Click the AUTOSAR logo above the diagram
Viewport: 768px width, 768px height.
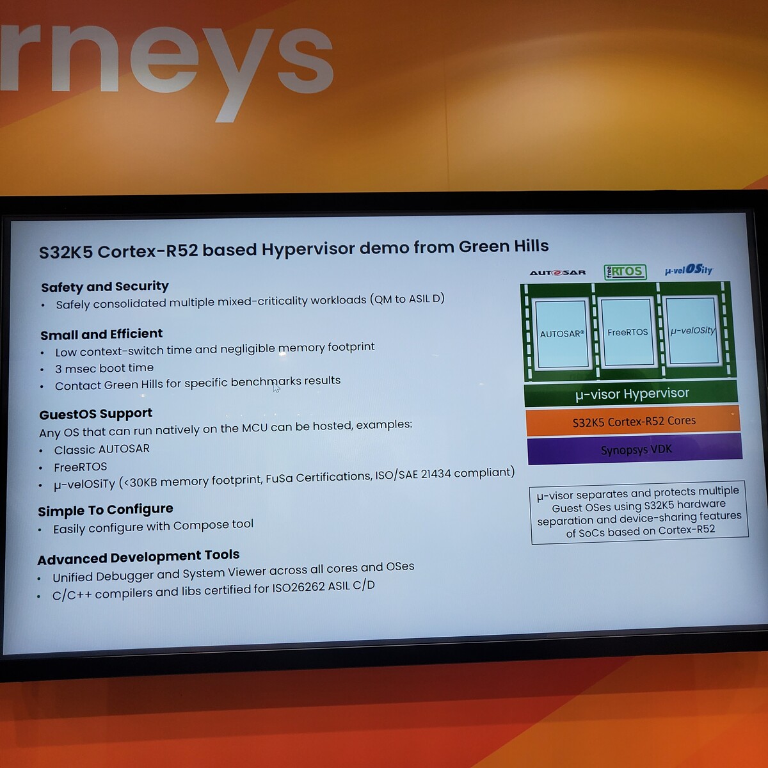coord(557,273)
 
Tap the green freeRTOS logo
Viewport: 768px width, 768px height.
coord(625,272)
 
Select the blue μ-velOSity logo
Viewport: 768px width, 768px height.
coord(688,270)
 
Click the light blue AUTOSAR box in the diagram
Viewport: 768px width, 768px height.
coord(562,334)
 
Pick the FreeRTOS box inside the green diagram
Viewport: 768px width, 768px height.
coord(627,332)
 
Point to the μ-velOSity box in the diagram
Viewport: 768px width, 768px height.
coord(692,330)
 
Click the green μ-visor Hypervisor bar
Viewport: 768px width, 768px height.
coord(631,394)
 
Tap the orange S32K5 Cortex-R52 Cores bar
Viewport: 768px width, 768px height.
coord(634,421)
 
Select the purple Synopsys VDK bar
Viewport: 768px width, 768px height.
coord(636,450)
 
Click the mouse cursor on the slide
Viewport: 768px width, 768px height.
coord(276,387)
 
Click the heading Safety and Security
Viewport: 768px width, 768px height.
coord(105,287)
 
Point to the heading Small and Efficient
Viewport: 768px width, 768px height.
coord(102,334)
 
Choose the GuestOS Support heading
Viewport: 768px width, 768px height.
coord(95,414)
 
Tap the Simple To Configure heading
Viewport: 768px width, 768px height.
coord(106,510)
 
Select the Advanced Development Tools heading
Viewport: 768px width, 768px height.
coord(138,557)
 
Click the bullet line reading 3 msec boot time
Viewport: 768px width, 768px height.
coord(104,368)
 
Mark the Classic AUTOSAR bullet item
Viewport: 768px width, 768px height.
coord(102,449)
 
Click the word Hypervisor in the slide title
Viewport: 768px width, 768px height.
coord(307,250)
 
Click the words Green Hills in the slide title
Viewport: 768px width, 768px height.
coord(504,246)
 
